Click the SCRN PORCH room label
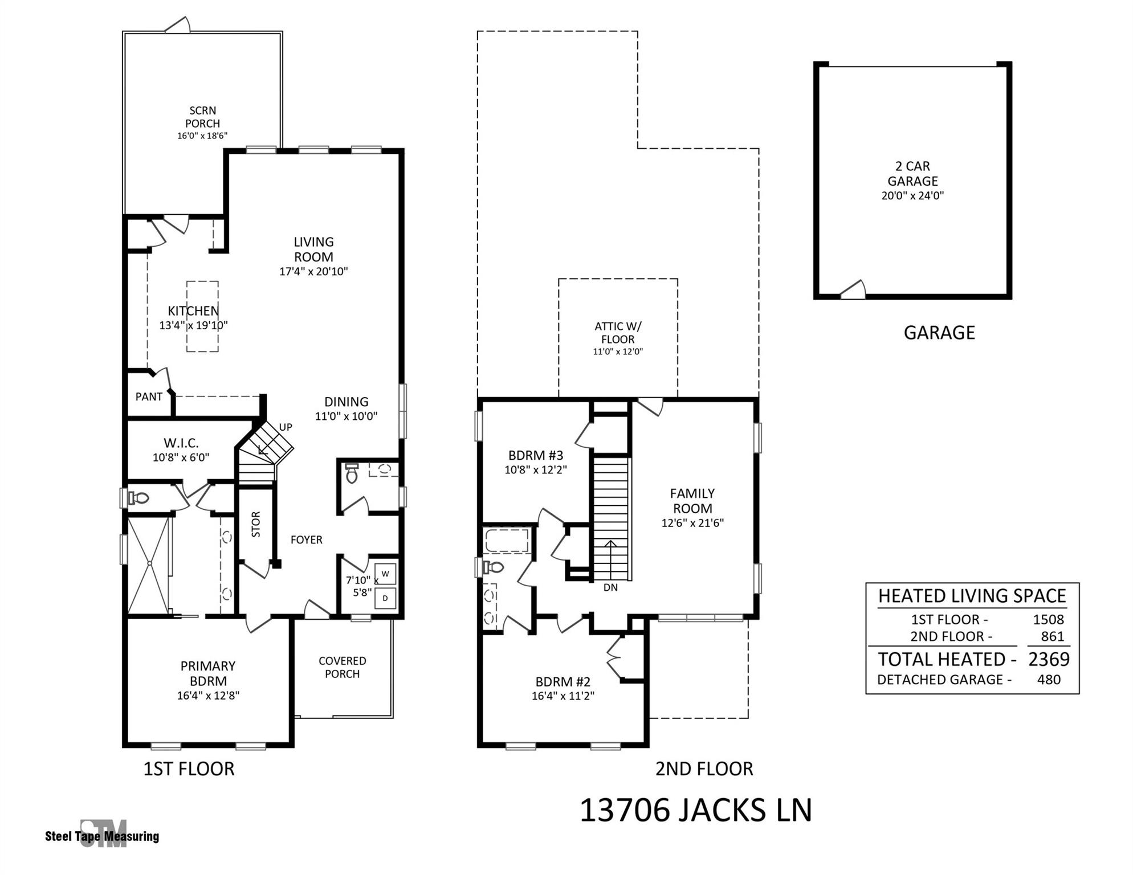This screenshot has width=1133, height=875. (x=202, y=117)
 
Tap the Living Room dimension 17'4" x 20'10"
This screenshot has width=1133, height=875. (x=313, y=272)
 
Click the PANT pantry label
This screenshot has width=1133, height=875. (x=149, y=397)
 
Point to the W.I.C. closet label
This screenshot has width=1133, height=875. (x=181, y=443)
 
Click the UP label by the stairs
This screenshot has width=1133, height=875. (x=286, y=427)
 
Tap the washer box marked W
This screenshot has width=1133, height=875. (x=385, y=574)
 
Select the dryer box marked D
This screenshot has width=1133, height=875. (x=385, y=598)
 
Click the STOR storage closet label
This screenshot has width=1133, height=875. (x=256, y=524)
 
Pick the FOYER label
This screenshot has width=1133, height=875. (x=307, y=539)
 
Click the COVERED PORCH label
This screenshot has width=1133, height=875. (x=342, y=667)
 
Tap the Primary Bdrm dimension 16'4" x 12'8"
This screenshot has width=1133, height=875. (x=208, y=696)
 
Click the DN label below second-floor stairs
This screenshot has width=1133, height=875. (x=610, y=587)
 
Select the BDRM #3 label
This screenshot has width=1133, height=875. (x=536, y=455)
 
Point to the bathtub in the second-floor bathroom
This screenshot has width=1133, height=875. (x=507, y=540)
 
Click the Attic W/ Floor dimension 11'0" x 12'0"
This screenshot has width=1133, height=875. (x=618, y=351)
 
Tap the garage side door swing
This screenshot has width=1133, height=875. (x=854, y=290)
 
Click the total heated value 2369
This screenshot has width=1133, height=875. (x=1049, y=659)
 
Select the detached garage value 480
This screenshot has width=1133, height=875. (x=1049, y=680)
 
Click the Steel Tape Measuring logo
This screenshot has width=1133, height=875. (x=103, y=835)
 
